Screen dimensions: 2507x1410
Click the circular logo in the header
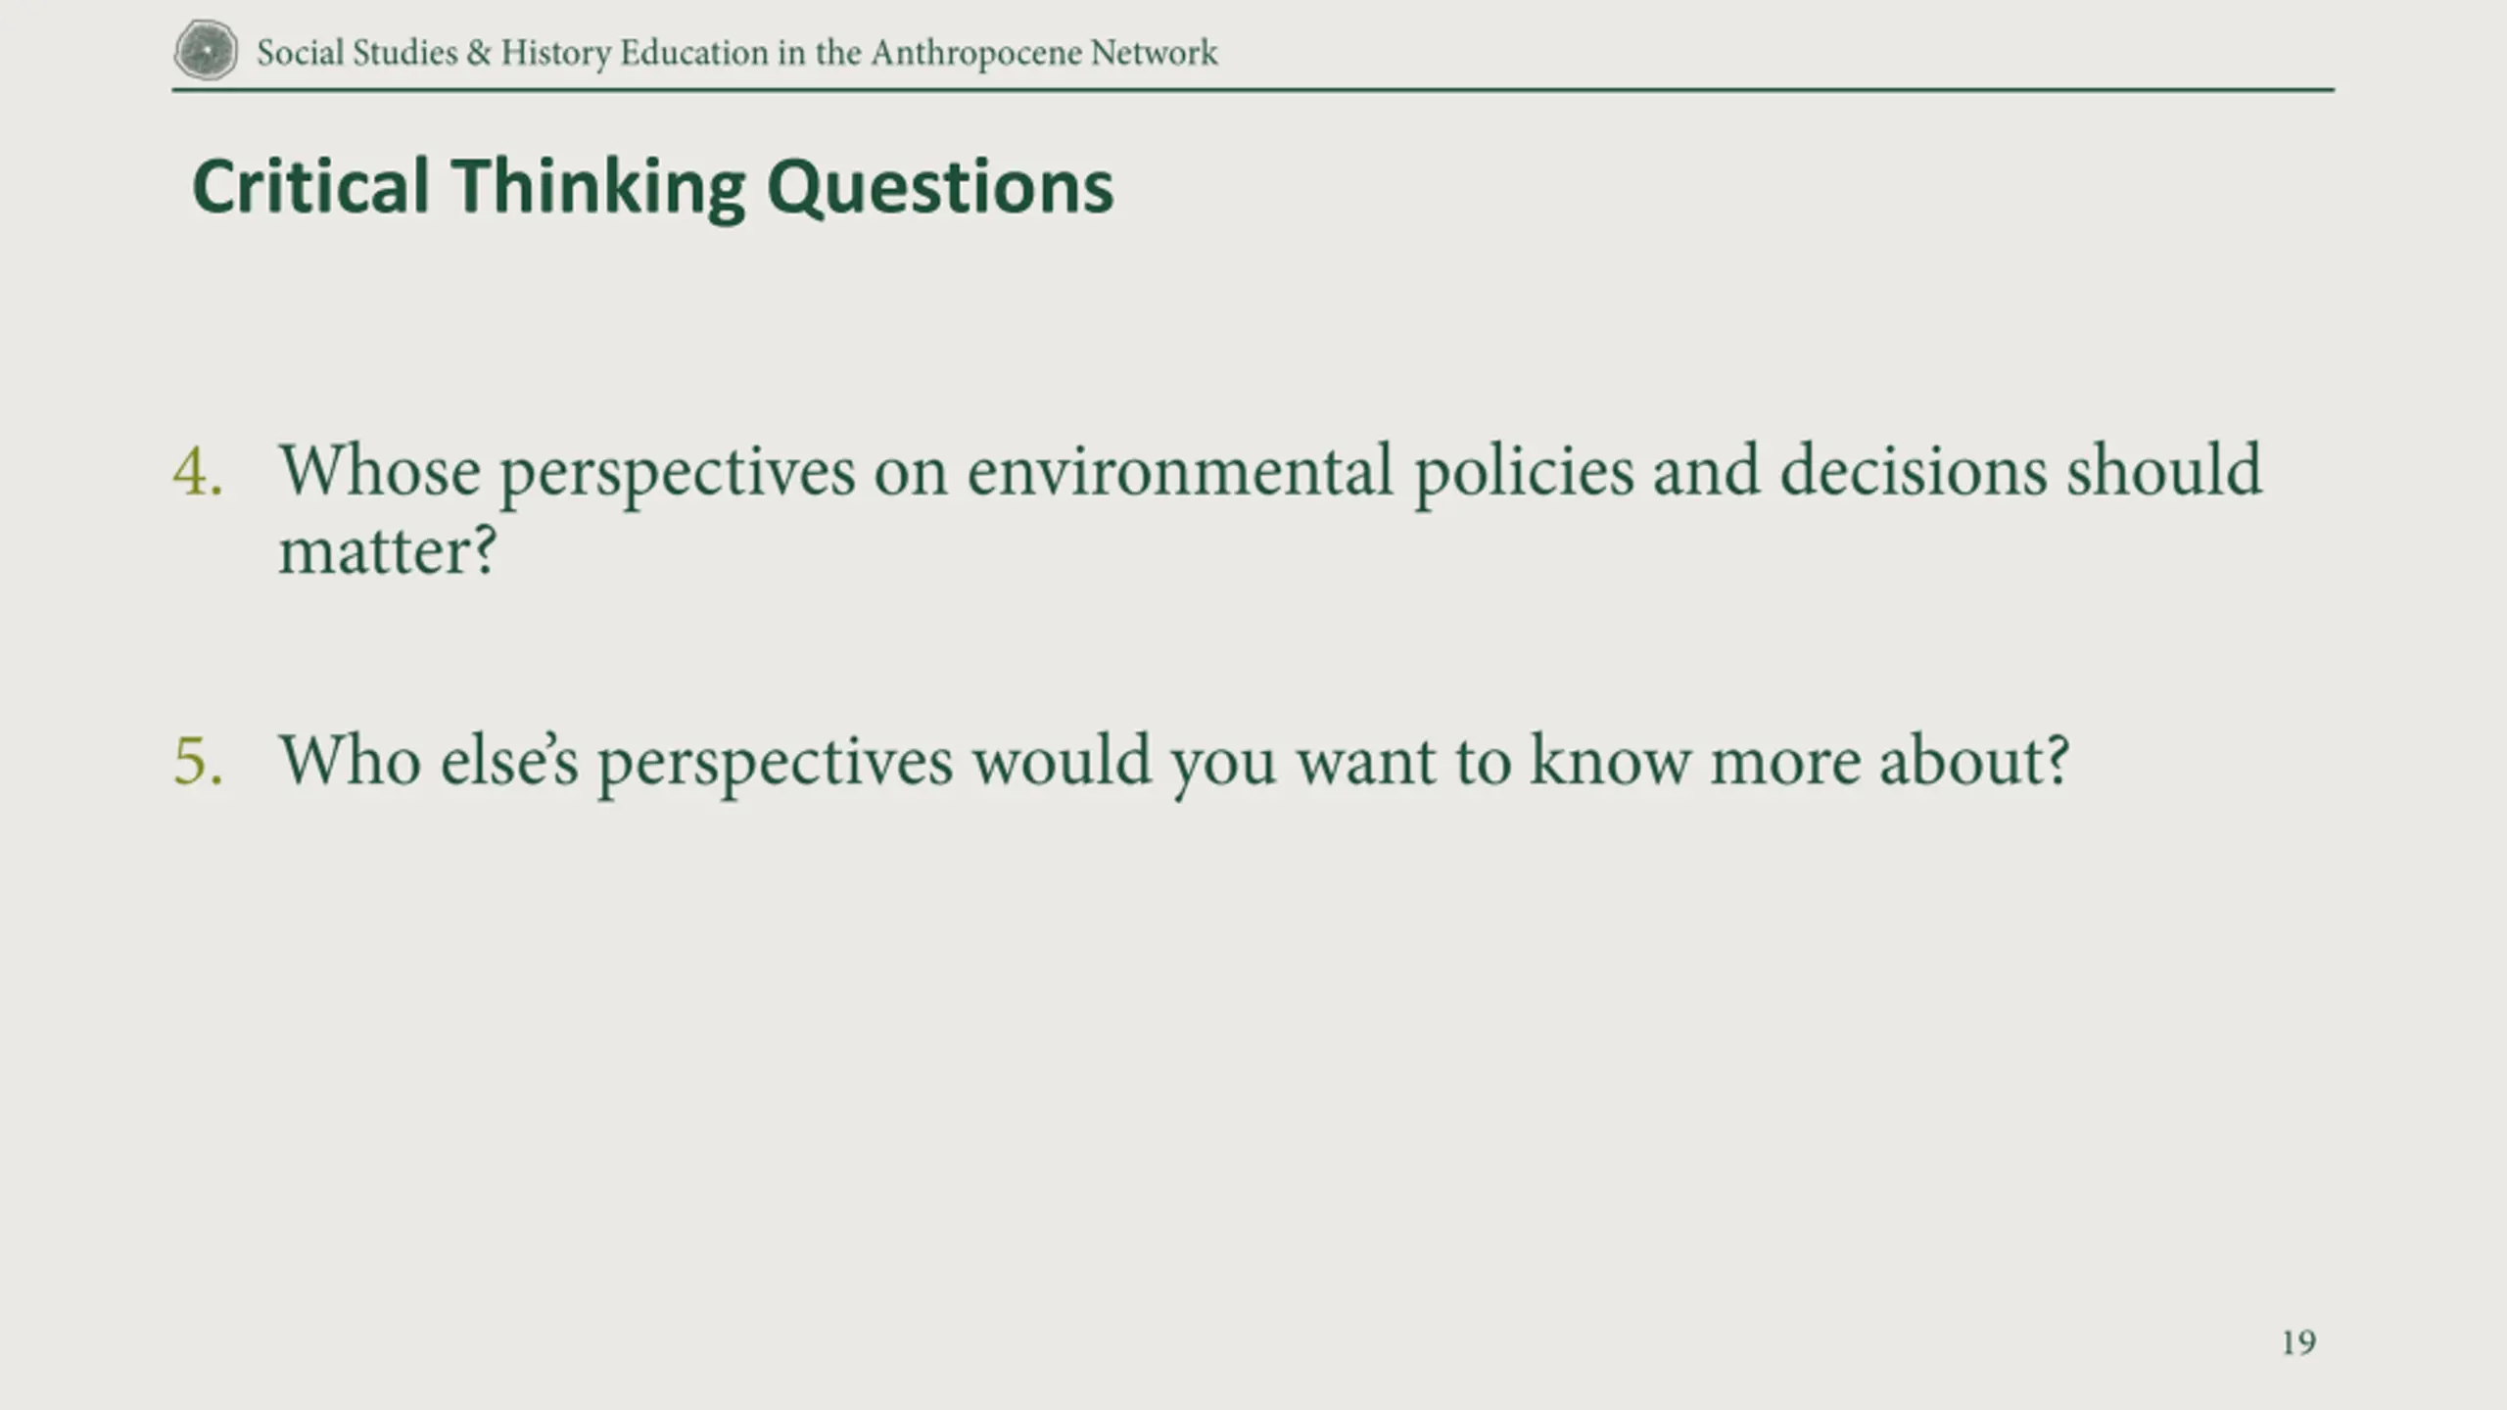(x=206, y=51)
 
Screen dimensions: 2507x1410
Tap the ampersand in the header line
(x=479, y=52)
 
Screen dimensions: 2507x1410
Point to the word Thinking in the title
(x=597, y=188)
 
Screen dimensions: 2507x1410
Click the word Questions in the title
(x=940, y=188)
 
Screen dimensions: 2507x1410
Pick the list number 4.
(x=198, y=472)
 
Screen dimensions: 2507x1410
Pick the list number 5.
(x=199, y=761)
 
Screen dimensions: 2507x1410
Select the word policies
(x=1524, y=474)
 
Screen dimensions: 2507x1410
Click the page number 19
(x=2298, y=1342)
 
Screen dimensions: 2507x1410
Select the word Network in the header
(x=1155, y=53)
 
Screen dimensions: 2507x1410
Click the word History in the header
(x=555, y=54)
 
